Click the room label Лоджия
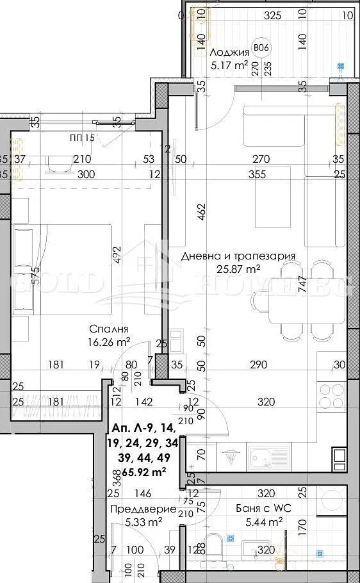click(x=227, y=53)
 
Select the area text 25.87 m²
click(x=238, y=270)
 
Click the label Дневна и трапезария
click(x=238, y=256)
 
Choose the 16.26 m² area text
click(x=110, y=342)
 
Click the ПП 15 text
click(x=82, y=138)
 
